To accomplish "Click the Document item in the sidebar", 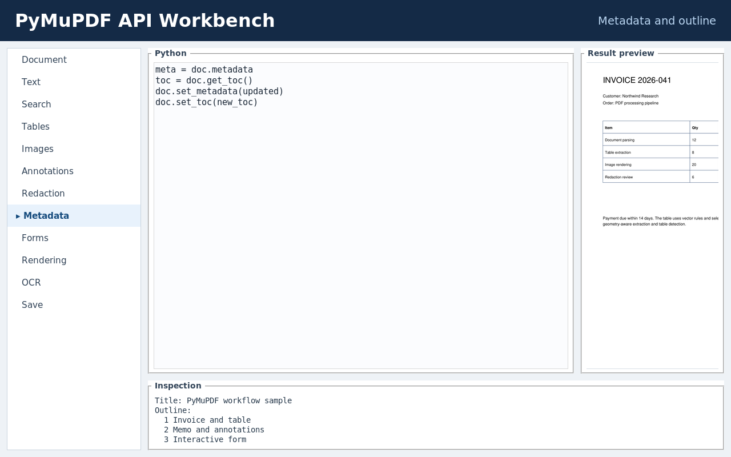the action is (44, 60).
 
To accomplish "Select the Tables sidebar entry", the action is (35, 127).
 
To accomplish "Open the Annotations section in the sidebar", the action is (47, 171).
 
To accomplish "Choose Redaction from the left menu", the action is (43, 193).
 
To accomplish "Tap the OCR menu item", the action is (31, 282).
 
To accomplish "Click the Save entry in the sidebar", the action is (33, 304).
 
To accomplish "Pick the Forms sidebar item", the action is (35, 238).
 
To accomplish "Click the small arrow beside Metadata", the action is (18, 217).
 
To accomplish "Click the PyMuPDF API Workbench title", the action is (145, 21).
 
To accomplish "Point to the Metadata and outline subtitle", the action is (657, 21).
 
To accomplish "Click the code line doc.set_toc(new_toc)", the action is (206, 102).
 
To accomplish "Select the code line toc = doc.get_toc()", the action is (204, 81).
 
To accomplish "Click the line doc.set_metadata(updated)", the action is (219, 91).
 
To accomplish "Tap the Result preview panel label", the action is (621, 53).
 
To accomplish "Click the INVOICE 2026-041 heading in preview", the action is (637, 81).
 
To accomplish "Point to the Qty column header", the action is (695, 128).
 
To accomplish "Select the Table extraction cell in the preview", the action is (618, 153).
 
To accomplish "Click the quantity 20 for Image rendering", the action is (694, 165).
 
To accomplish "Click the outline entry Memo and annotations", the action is (214, 430).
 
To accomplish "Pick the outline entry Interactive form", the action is (205, 440).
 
